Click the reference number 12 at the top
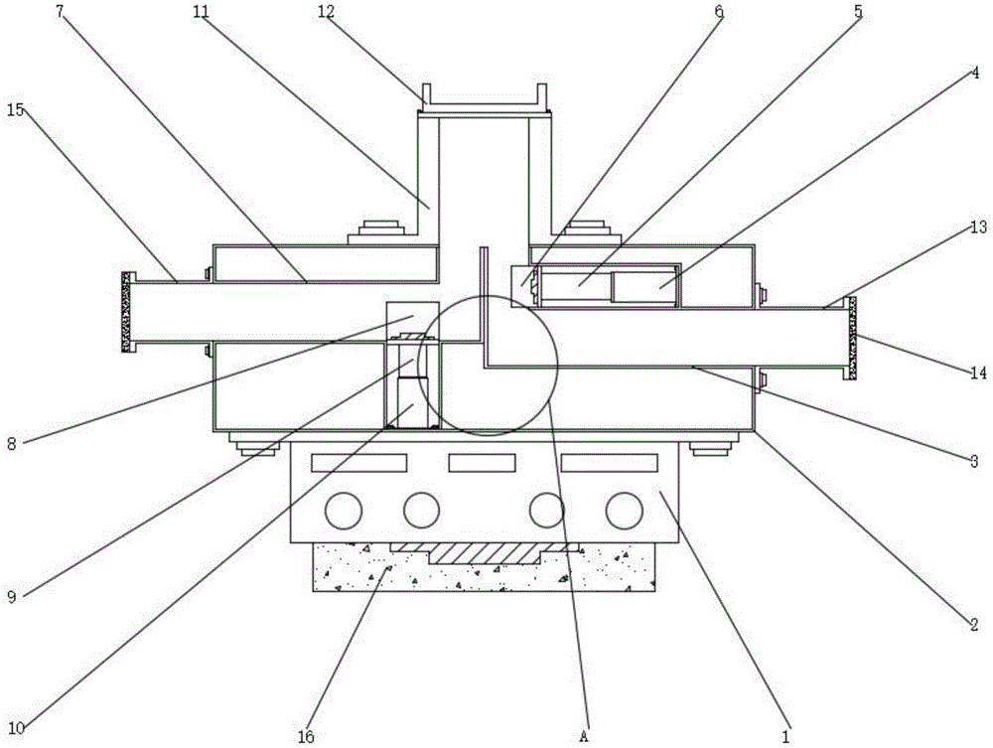326,13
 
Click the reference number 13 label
978,227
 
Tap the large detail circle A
488,365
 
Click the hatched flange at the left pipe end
126,312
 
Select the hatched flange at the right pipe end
850,338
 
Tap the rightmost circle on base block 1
624,511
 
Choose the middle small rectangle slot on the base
484,462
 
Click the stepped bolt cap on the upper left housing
379,229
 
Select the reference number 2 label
974,625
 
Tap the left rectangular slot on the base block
358,462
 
